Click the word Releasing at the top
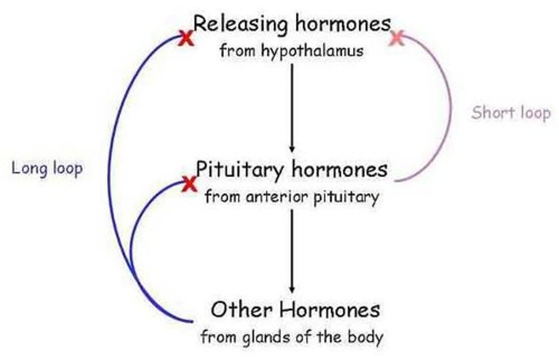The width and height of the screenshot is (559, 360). pyautogui.click(x=240, y=24)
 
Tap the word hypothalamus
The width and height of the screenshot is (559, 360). pyautogui.click(x=312, y=51)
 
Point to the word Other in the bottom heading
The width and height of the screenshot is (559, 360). pyautogui.click(x=241, y=310)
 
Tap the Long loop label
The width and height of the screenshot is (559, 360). pyautogui.click(x=47, y=169)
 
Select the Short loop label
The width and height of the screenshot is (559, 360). pyautogui.click(x=511, y=113)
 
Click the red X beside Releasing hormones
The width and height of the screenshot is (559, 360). pyautogui.click(x=186, y=38)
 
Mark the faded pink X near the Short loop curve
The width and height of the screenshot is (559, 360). pyautogui.click(x=396, y=38)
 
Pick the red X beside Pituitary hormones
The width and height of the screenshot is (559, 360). pyautogui.click(x=189, y=184)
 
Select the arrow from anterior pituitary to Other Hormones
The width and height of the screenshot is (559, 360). pyautogui.click(x=292, y=250)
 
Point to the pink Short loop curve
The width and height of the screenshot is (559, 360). pyautogui.click(x=450, y=109)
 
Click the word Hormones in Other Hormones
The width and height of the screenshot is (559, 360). pyautogui.click(x=330, y=310)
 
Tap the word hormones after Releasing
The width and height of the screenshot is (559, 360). pyautogui.click(x=343, y=24)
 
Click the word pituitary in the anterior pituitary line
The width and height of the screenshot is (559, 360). pyautogui.click(x=346, y=197)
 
